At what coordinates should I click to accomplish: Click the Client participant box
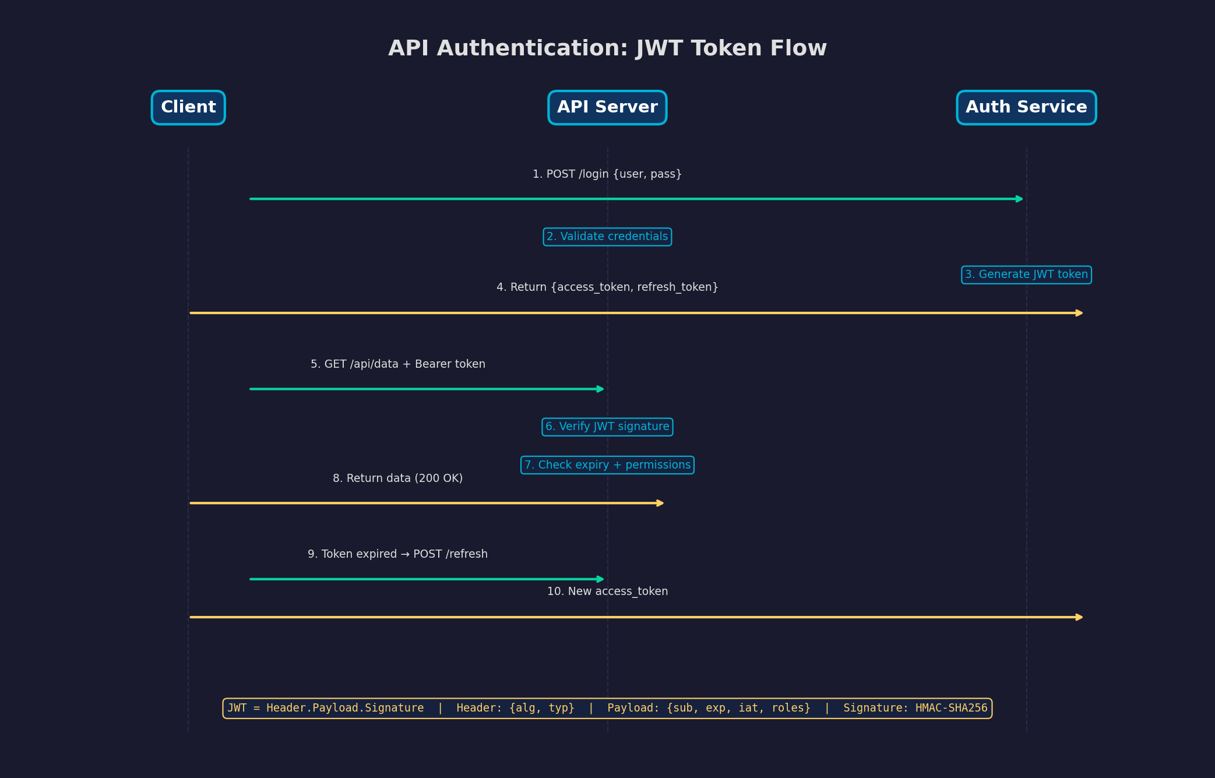click(188, 108)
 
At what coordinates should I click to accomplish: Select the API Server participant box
click(607, 108)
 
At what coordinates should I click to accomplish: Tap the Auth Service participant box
click(1026, 108)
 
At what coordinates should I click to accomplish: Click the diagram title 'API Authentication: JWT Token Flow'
click(607, 48)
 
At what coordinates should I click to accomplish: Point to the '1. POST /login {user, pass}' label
click(607, 174)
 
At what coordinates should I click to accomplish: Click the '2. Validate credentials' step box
click(607, 237)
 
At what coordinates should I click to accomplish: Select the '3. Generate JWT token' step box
click(1026, 274)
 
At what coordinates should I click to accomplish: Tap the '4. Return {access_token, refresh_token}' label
click(607, 287)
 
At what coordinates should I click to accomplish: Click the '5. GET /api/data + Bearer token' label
click(398, 364)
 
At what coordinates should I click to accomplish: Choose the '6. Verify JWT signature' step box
click(607, 427)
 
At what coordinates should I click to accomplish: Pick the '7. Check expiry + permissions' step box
click(607, 465)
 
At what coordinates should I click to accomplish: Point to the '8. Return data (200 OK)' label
click(398, 478)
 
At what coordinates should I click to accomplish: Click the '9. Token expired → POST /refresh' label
click(398, 554)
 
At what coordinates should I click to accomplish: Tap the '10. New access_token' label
click(607, 592)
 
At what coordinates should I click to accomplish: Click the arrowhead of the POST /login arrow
click(1020, 199)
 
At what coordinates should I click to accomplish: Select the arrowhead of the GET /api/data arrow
click(601, 389)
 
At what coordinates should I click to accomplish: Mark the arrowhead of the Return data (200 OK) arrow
click(660, 503)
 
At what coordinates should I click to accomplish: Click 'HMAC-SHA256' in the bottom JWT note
click(951, 708)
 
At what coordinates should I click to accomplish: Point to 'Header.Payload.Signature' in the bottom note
click(345, 708)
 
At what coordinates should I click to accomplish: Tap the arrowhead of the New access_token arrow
click(1079, 617)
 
